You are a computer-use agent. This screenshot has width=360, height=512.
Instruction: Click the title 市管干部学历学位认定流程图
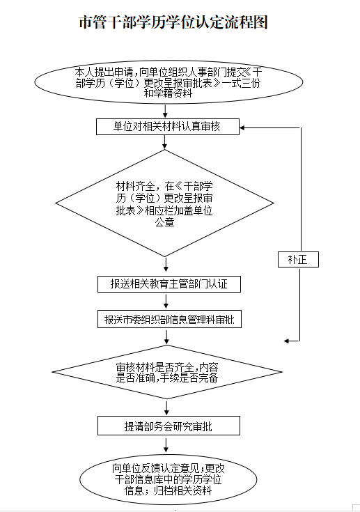click(x=173, y=22)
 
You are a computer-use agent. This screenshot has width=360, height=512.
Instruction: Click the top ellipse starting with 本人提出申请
click(x=169, y=82)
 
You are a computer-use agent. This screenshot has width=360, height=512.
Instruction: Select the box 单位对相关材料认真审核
click(x=168, y=127)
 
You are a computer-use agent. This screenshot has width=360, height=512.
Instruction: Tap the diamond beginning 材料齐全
click(x=165, y=203)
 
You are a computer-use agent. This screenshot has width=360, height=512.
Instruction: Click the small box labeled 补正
click(x=298, y=260)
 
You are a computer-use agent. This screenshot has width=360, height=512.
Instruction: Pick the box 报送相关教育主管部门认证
click(x=169, y=284)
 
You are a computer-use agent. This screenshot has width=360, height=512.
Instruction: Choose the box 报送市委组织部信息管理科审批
click(x=169, y=319)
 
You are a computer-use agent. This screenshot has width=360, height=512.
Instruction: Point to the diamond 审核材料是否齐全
click(x=167, y=372)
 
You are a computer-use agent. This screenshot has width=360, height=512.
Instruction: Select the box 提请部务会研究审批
click(x=169, y=426)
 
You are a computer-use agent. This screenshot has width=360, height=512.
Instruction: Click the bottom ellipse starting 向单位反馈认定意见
click(x=169, y=479)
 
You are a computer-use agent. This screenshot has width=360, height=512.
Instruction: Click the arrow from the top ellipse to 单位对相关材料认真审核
click(x=165, y=111)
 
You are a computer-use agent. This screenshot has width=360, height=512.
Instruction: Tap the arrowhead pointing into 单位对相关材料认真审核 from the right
click(x=242, y=127)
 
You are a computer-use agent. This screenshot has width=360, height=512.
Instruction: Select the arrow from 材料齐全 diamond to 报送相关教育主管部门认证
click(x=166, y=265)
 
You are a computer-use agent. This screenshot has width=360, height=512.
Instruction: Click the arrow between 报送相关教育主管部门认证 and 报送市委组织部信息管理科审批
click(x=166, y=301)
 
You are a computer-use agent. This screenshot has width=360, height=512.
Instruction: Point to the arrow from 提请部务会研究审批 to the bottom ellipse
click(x=166, y=445)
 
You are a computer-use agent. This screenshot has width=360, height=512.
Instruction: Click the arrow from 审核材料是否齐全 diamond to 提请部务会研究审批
click(x=167, y=408)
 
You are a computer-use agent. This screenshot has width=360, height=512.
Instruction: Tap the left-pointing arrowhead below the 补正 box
click(x=287, y=341)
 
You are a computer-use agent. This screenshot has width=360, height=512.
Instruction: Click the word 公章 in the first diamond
click(x=165, y=222)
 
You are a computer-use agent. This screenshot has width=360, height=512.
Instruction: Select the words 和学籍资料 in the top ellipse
click(x=168, y=93)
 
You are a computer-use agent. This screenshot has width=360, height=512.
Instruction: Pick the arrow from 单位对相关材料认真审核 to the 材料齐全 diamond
click(x=165, y=141)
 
